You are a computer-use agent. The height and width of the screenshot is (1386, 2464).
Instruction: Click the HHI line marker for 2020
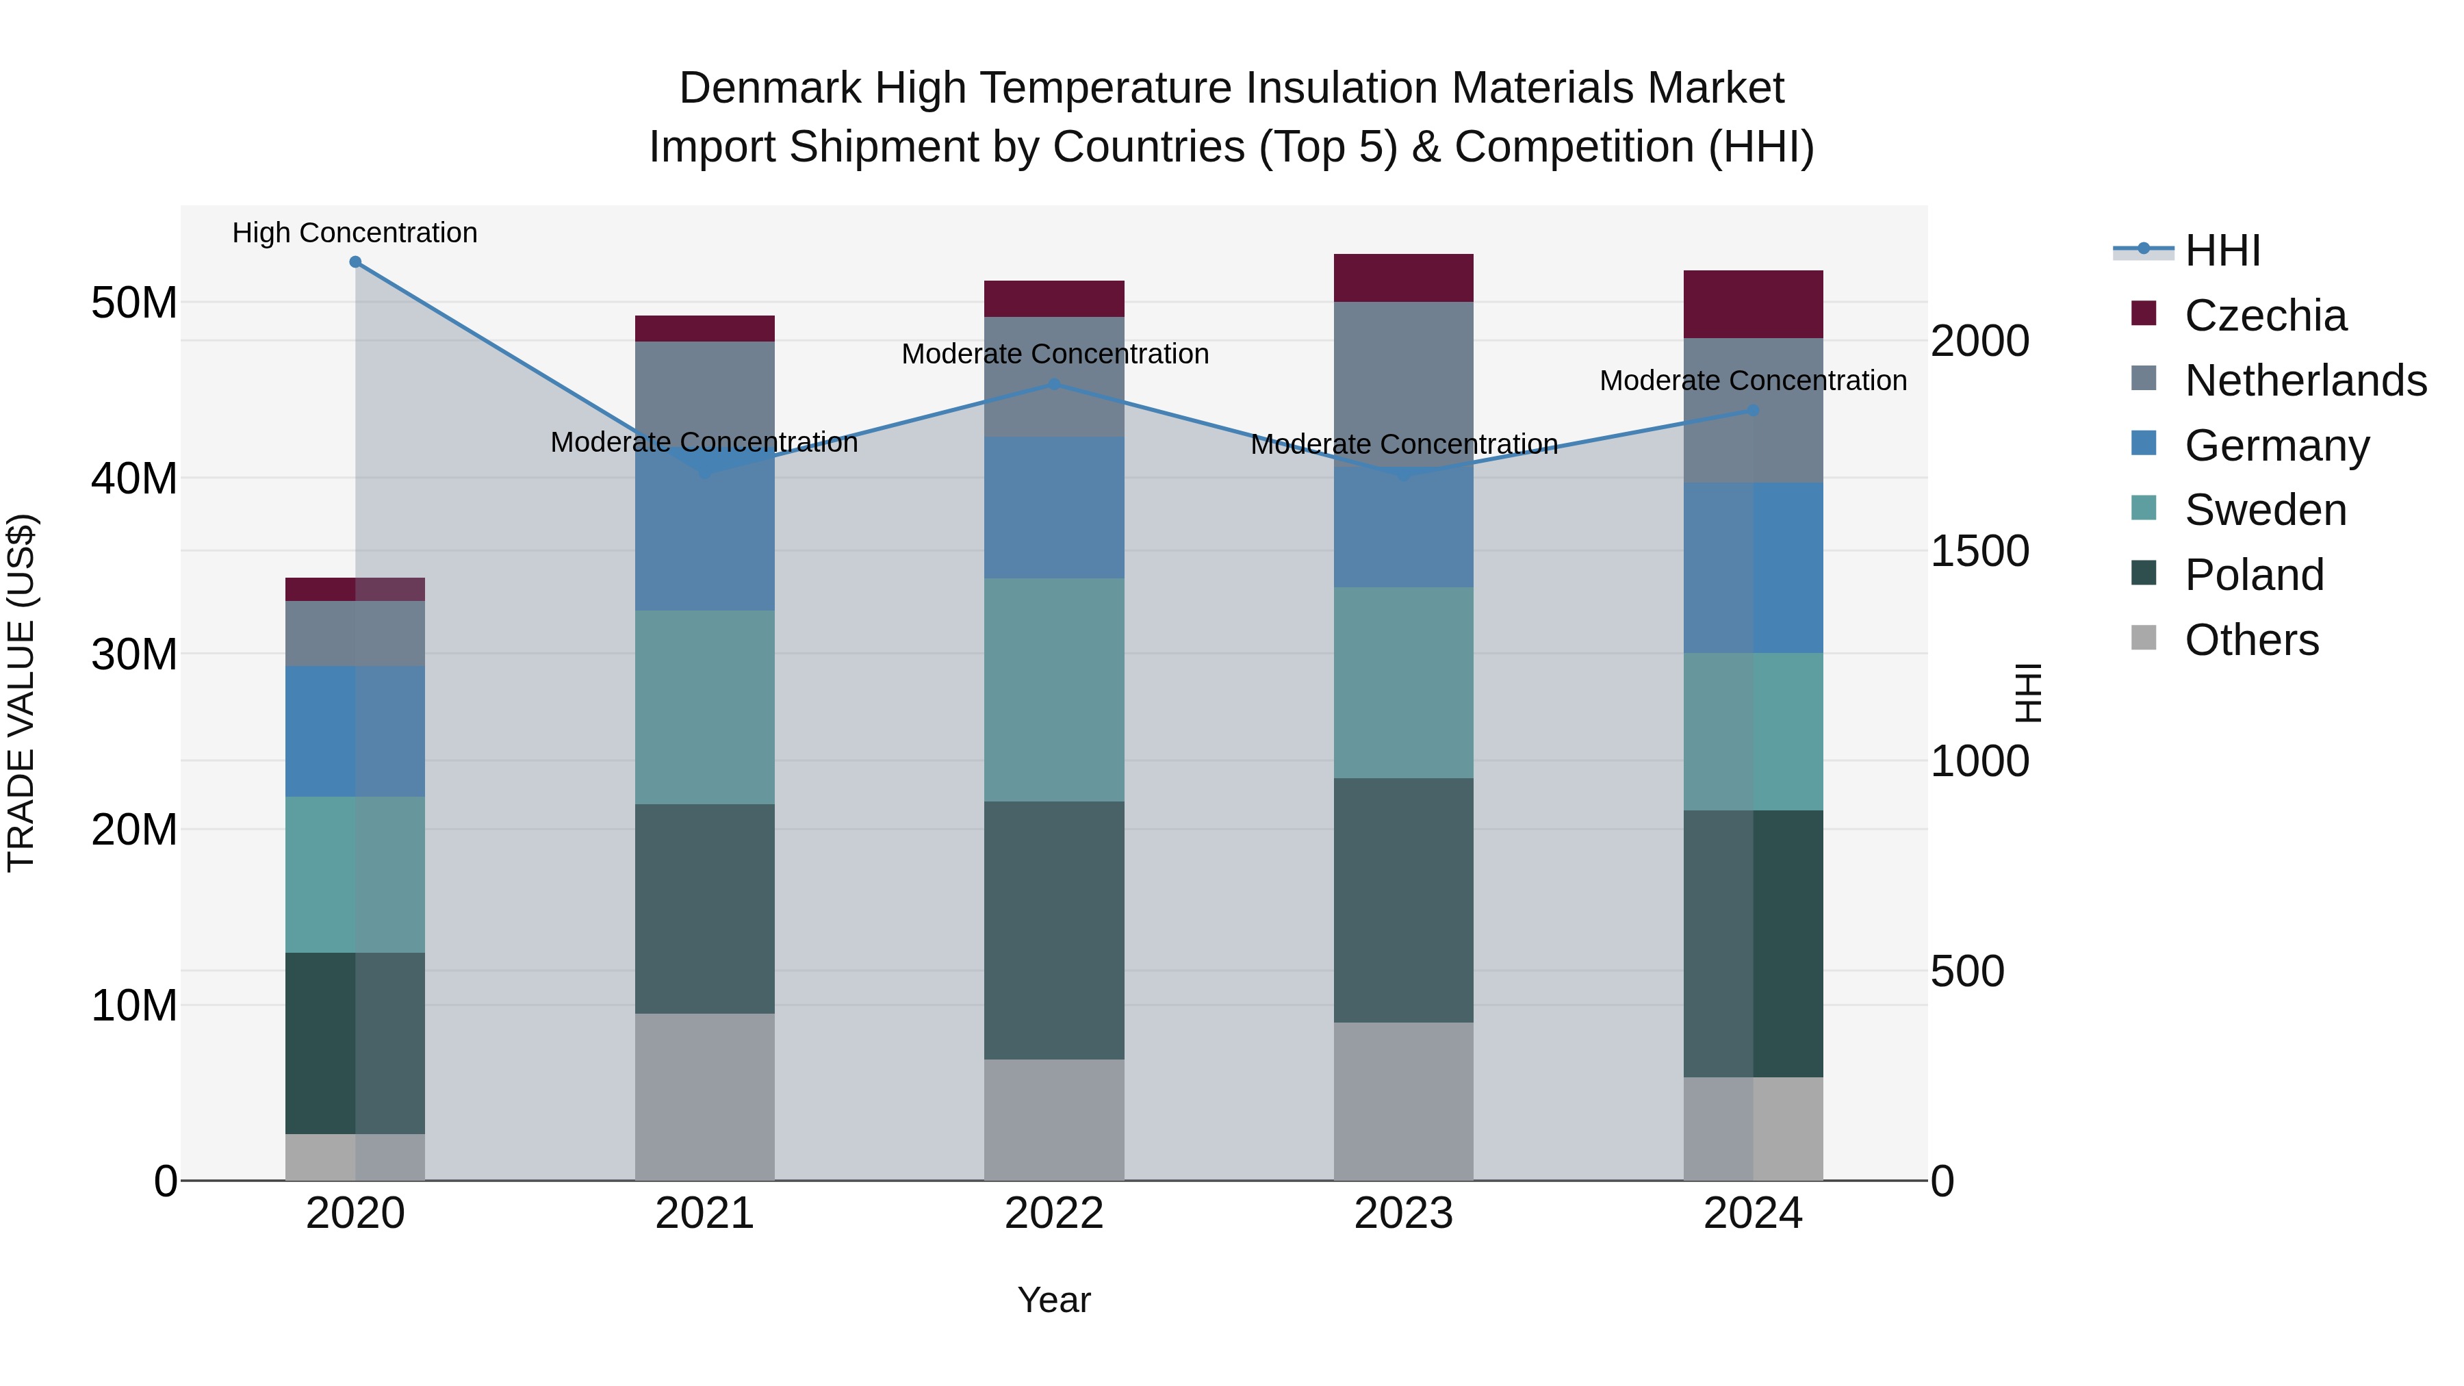point(355,262)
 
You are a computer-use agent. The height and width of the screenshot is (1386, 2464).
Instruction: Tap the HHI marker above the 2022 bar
point(1054,385)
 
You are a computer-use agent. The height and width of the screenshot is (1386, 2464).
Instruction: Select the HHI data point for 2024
point(1754,411)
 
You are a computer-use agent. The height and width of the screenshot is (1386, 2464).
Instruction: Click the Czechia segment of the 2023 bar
point(1403,279)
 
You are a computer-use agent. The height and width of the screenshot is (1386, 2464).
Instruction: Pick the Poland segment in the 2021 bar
point(705,909)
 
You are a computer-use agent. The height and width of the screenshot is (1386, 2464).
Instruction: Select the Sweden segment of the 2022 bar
point(1054,690)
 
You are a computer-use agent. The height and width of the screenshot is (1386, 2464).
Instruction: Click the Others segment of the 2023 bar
point(1403,1101)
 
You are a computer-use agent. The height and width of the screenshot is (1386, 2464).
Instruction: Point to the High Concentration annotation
point(355,233)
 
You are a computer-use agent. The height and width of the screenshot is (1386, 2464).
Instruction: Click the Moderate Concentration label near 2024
point(1754,381)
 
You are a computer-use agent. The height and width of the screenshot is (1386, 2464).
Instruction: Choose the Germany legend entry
point(2276,446)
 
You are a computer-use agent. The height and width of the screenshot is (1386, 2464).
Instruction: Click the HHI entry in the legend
point(2222,251)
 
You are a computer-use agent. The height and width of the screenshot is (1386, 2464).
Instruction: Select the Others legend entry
point(2252,640)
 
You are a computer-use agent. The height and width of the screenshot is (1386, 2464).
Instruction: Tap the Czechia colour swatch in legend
point(2144,313)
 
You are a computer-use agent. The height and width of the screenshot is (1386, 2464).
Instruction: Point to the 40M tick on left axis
point(134,478)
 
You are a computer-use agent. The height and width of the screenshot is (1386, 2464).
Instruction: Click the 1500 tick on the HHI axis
point(1979,551)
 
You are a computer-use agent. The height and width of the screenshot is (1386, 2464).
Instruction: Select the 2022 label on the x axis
point(1054,1214)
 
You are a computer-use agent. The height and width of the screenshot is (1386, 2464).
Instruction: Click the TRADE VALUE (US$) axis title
point(21,693)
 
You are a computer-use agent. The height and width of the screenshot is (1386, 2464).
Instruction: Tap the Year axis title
point(1054,1300)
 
